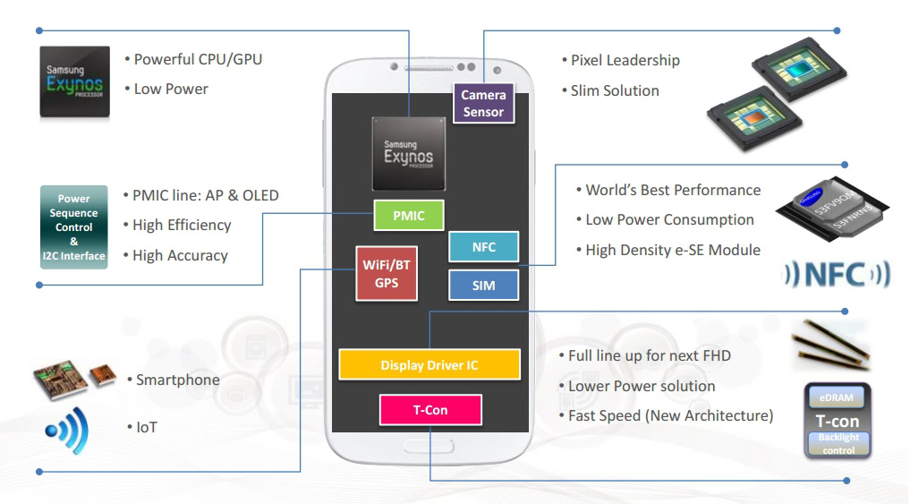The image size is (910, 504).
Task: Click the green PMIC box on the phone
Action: [x=409, y=216]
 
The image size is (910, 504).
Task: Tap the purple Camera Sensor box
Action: [x=483, y=103]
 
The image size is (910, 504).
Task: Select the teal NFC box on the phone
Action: [x=483, y=247]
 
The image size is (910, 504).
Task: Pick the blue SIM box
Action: [x=483, y=286]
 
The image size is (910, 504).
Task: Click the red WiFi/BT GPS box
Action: [x=387, y=273]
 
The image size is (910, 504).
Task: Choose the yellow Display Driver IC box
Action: [x=429, y=365]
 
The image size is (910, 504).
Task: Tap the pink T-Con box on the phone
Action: [x=430, y=410]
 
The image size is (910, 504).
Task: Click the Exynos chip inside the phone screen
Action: [x=408, y=153]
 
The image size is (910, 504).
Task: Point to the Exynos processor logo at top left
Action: [x=74, y=81]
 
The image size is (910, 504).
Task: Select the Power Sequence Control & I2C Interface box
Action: [x=74, y=227]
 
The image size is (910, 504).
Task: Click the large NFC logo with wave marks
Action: [x=837, y=275]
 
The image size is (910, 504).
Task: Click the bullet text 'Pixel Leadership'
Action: [x=625, y=60]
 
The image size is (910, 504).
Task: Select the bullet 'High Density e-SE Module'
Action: [x=672, y=251]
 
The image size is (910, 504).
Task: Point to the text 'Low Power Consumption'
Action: [x=669, y=220]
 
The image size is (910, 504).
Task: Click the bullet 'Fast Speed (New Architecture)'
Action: [x=670, y=416]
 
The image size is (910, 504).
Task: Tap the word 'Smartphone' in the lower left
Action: [x=177, y=380]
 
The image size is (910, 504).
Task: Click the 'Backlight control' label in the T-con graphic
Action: [x=838, y=443]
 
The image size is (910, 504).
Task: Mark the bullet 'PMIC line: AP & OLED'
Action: [x=205, y=195]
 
